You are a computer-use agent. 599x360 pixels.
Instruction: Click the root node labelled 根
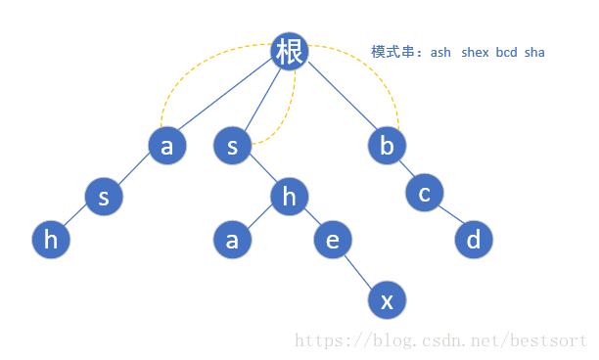290,52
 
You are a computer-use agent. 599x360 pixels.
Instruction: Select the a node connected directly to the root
166,146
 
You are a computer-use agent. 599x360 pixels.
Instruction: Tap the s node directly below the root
232,147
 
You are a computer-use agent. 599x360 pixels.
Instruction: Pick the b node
387,147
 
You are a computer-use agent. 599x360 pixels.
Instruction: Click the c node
424,193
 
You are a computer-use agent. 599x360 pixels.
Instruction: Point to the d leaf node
474,240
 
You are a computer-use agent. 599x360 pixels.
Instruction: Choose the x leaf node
387,300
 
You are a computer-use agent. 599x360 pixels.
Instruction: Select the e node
332,240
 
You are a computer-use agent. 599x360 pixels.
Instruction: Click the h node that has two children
289,197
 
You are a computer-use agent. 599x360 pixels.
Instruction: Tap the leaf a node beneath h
232,240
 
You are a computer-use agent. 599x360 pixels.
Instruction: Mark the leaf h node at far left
51,240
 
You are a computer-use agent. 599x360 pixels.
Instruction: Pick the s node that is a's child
103,197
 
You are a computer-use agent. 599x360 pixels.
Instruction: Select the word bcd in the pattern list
506,52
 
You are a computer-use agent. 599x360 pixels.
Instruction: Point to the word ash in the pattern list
440,52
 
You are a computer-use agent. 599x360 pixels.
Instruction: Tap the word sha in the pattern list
534,52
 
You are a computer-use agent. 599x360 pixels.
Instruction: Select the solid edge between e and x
359,270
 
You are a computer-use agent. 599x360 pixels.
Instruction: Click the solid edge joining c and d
449,216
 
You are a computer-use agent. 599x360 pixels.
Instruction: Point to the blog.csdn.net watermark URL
440,341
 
